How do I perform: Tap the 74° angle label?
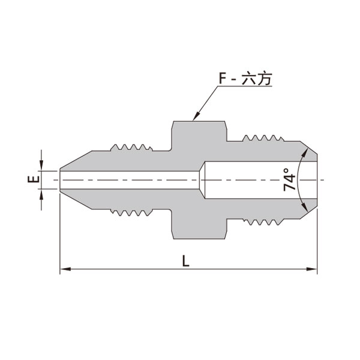290,179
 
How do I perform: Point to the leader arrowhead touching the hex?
196,118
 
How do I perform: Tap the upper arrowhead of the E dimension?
41,166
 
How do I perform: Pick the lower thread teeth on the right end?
262,220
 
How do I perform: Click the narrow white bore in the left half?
129,179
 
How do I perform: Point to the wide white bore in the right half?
252,179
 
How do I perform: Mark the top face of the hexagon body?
199,122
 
